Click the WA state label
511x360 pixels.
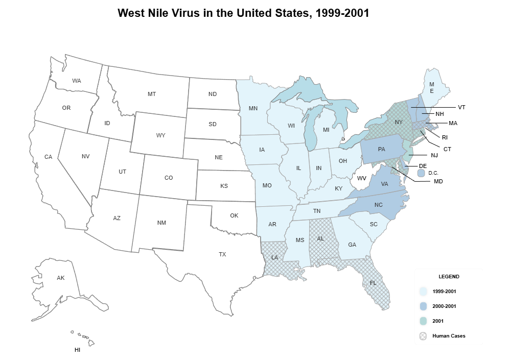[77, 81]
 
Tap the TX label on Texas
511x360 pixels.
[222, 254]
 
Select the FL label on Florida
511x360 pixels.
[373, 283]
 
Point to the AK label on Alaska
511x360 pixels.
[61, 278]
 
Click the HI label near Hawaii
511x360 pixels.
[77, 350]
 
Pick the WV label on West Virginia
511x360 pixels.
[362, 178]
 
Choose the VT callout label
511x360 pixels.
[461, 107]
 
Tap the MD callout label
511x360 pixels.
[438, 181]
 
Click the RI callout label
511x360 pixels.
[445, 137]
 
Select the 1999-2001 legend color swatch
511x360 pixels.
[423, 292]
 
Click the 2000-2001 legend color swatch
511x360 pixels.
[423, 306]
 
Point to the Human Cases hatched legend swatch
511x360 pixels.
[423, 336]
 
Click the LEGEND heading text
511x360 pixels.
[449, 277]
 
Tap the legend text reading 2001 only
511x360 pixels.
[438, 321]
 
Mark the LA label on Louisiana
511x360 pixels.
[275, 257]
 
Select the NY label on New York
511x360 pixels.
[399, 122]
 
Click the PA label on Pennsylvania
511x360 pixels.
[381, 150]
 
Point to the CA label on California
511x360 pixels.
[48, 157]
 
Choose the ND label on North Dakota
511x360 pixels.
[213, 94]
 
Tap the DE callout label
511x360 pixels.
[423, 166]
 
